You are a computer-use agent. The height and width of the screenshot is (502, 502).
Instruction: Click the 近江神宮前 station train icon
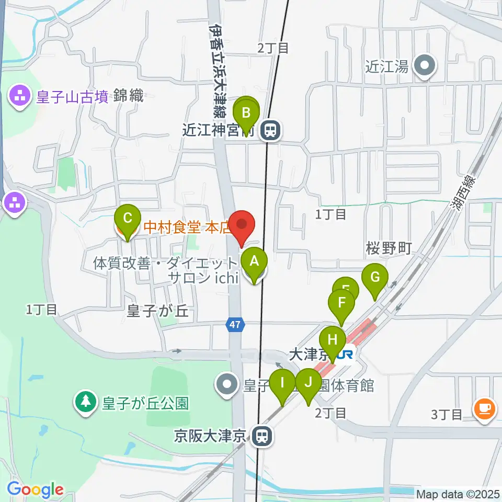click(270, 130)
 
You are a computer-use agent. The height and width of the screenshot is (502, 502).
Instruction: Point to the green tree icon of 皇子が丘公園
click(85, 402)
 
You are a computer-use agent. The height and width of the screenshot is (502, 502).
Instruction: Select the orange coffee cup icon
click(484, 408)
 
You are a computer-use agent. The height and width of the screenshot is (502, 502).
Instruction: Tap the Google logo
click(35, 489)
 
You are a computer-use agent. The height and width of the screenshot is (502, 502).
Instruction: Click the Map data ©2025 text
click(457, 493)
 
